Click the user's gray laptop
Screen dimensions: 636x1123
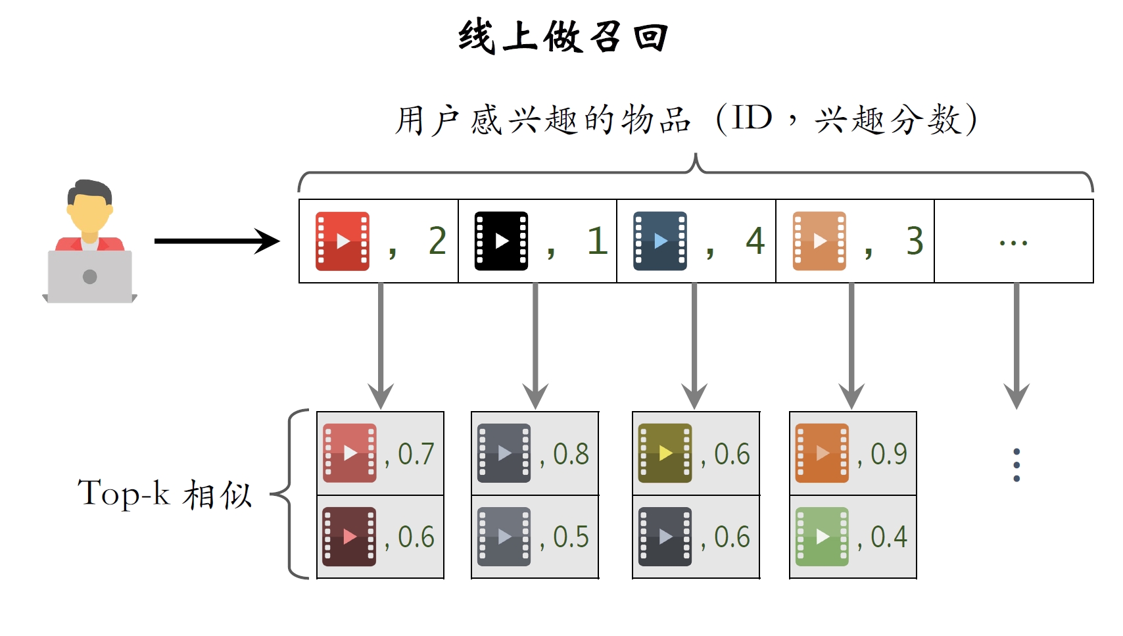tap(90, 277)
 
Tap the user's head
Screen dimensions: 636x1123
tap(90, 207)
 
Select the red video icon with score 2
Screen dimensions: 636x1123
tap(342, 241)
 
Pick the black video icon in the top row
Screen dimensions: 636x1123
tap(501, 241)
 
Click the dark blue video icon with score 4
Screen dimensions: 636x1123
tap(659, 241)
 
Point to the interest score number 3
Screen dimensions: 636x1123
tap(915, 241)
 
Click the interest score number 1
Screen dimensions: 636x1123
tap(597, 241)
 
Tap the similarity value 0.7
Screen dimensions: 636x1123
tap(416, 454)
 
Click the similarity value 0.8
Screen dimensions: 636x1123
tap(571, 454)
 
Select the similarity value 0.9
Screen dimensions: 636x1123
tap(888, 454)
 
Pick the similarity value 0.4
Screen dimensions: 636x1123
tap(888, 537)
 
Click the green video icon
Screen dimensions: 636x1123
tap(822, 537)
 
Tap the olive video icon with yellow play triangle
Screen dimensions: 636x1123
tap(665, 453)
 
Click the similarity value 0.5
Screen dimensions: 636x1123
tap(571, 537)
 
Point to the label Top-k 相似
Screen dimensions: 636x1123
tap(164, 494)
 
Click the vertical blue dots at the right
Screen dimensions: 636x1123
tap(1016, 465)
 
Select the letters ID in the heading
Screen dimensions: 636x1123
tap(752, 119)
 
